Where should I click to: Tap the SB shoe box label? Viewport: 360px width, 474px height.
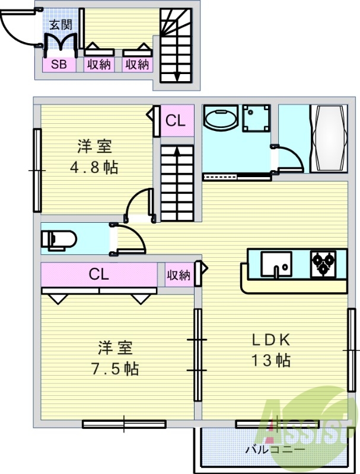pyautogui.click(x=59, y=65)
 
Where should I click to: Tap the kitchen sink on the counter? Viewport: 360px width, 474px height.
pyautogui.click(x=276, y=264)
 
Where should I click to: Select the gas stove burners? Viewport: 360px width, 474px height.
pyautogui.click(x=323, y=264)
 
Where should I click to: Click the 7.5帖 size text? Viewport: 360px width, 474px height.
pyautogui.click(x=115, y=369)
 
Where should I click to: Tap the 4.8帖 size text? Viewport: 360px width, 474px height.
pyautogui.click(x=94, y=167)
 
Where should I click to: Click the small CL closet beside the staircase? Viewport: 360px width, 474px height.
pyautogui.click(x=176, y=121)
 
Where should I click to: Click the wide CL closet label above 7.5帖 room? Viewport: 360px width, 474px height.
pyautogui.click(x=98, y=274)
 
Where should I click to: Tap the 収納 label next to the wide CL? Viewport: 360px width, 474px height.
pyautogui.click(x=177, y=275)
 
